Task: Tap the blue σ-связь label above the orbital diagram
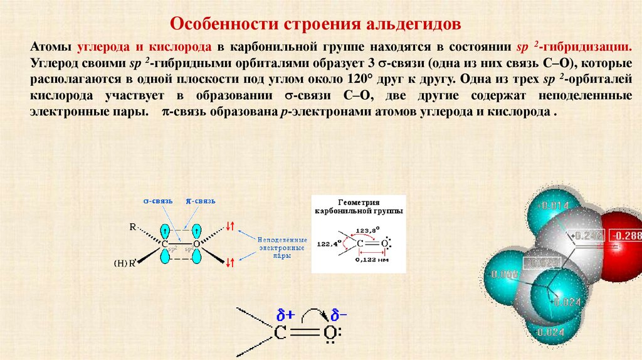[158, 201]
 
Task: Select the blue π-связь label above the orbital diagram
[201, 201]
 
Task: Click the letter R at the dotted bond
[133, 227]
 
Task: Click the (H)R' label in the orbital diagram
[125, 263]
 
